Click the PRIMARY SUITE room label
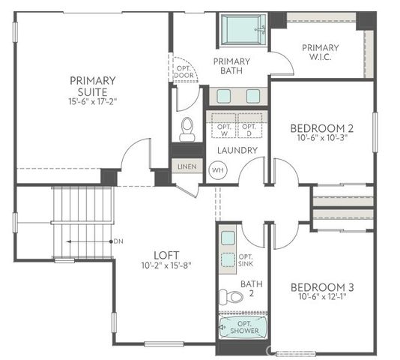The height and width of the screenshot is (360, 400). (92, 86)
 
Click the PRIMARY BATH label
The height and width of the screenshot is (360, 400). (231, 66)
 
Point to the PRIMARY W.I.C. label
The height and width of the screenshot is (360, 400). (320, 52)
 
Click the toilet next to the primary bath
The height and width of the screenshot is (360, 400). (187, 127)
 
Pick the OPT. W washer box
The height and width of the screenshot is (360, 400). (222, 123)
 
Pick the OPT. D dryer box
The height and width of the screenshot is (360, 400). (249, 123)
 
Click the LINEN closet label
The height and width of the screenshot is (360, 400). (185, 166)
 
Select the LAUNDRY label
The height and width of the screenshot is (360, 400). (237, 150)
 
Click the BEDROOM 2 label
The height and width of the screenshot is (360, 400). (321, 127)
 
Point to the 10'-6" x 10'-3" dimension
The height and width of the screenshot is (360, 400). (321, 139)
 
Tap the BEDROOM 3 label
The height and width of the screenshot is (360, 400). (321, 288)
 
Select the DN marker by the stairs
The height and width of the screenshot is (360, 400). (118, 241)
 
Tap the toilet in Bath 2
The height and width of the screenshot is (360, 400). (233, 296)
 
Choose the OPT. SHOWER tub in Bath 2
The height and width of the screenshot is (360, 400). (239, 328)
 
